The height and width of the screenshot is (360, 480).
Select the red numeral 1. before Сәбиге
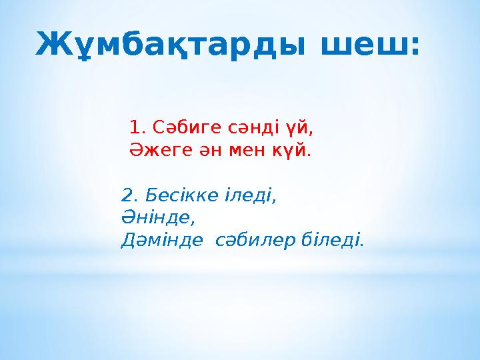[137, 126]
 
